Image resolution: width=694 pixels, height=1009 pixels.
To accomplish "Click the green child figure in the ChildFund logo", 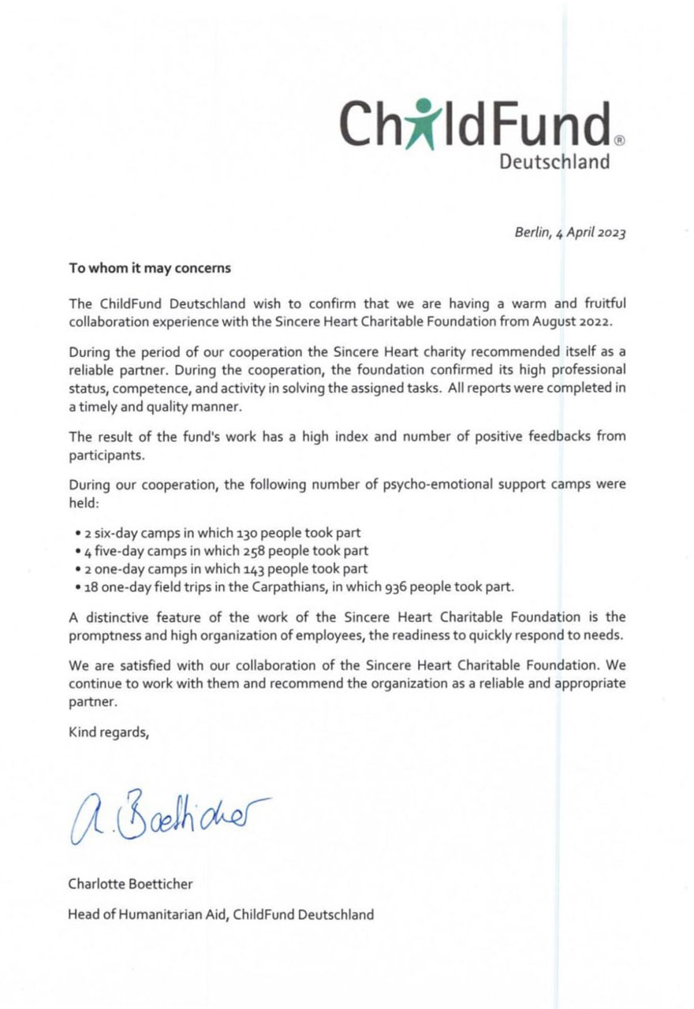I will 424,123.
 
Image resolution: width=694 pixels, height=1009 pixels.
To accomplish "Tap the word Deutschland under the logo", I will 555,162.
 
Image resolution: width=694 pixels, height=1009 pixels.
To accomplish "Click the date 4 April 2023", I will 591,233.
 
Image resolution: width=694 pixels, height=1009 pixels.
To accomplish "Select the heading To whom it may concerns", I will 150,268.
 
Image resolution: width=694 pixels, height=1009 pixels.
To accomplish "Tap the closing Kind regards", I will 109,731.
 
